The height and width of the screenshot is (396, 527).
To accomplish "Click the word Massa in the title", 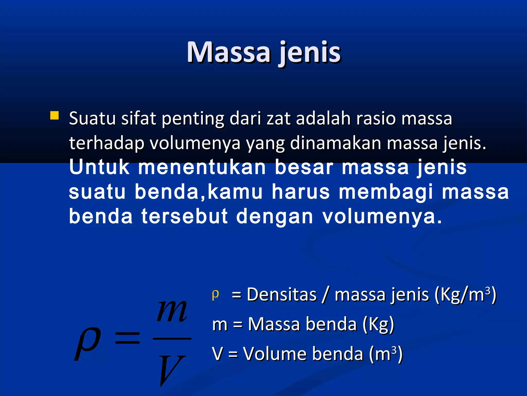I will point(229,52).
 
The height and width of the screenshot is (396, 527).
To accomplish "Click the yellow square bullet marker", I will point(54,115).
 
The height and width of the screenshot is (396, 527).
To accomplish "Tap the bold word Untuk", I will point(99,167).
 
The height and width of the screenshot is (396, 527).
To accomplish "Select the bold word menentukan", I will point(202,167).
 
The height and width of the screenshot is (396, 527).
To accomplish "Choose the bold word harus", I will point(301,192).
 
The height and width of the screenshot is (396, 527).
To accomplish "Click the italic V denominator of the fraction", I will point(171,370).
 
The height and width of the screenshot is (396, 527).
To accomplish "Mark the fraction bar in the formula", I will point(172,338).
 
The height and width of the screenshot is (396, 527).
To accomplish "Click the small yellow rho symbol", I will point(215,294).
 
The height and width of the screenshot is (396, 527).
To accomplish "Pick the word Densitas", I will point(282,294).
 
